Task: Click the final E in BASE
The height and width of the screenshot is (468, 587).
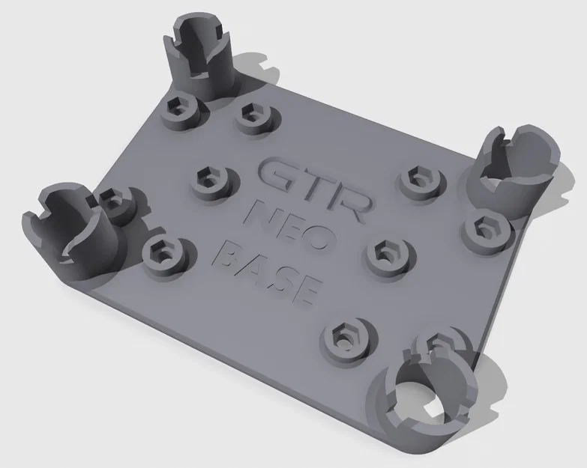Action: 307,291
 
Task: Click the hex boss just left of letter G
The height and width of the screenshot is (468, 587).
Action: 206,180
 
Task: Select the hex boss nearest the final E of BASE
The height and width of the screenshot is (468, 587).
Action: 344,338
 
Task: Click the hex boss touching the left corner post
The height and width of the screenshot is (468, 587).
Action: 114,201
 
